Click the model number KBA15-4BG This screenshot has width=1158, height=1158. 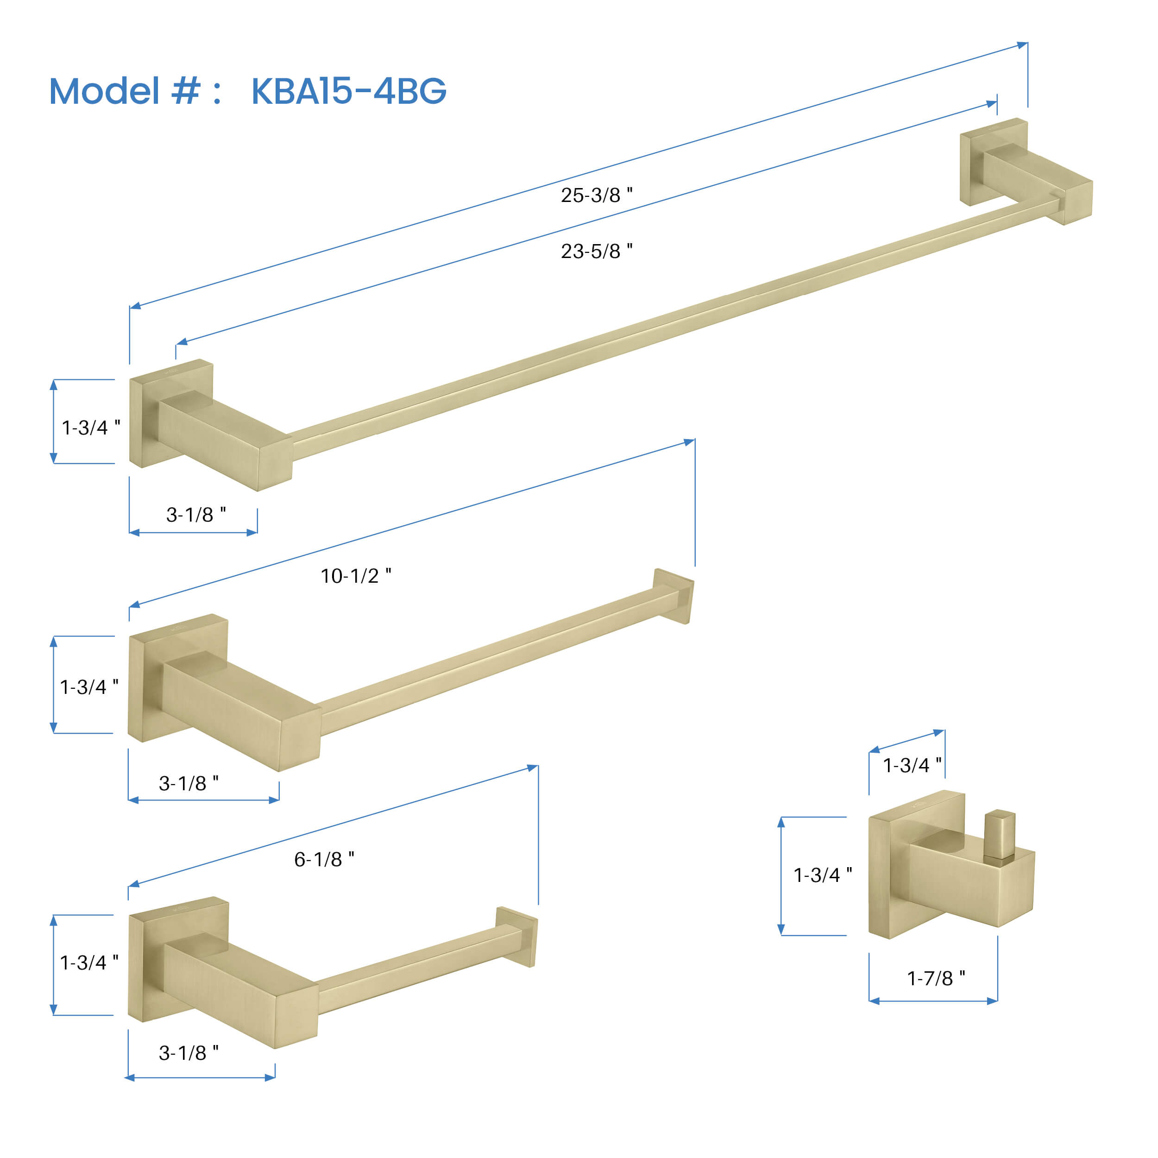pos(348,91)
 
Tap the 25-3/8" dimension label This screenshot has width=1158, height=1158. pos(597,195)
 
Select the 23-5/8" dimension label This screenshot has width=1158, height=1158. pos(597,251)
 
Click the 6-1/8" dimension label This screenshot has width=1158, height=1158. pos(324,859)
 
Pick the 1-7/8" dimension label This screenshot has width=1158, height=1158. pos(936,978)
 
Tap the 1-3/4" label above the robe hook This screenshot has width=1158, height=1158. pos(912,765)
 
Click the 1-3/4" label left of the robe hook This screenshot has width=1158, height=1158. pos(822,875)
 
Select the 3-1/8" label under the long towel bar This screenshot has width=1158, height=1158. pos(196,514)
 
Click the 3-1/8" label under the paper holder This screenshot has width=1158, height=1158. pos(188,1052)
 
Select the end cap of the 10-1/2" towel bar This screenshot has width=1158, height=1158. pos(673,596)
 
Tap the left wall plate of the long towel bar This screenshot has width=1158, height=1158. pos(171,414)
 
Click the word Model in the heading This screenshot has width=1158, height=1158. pos(104,91)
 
